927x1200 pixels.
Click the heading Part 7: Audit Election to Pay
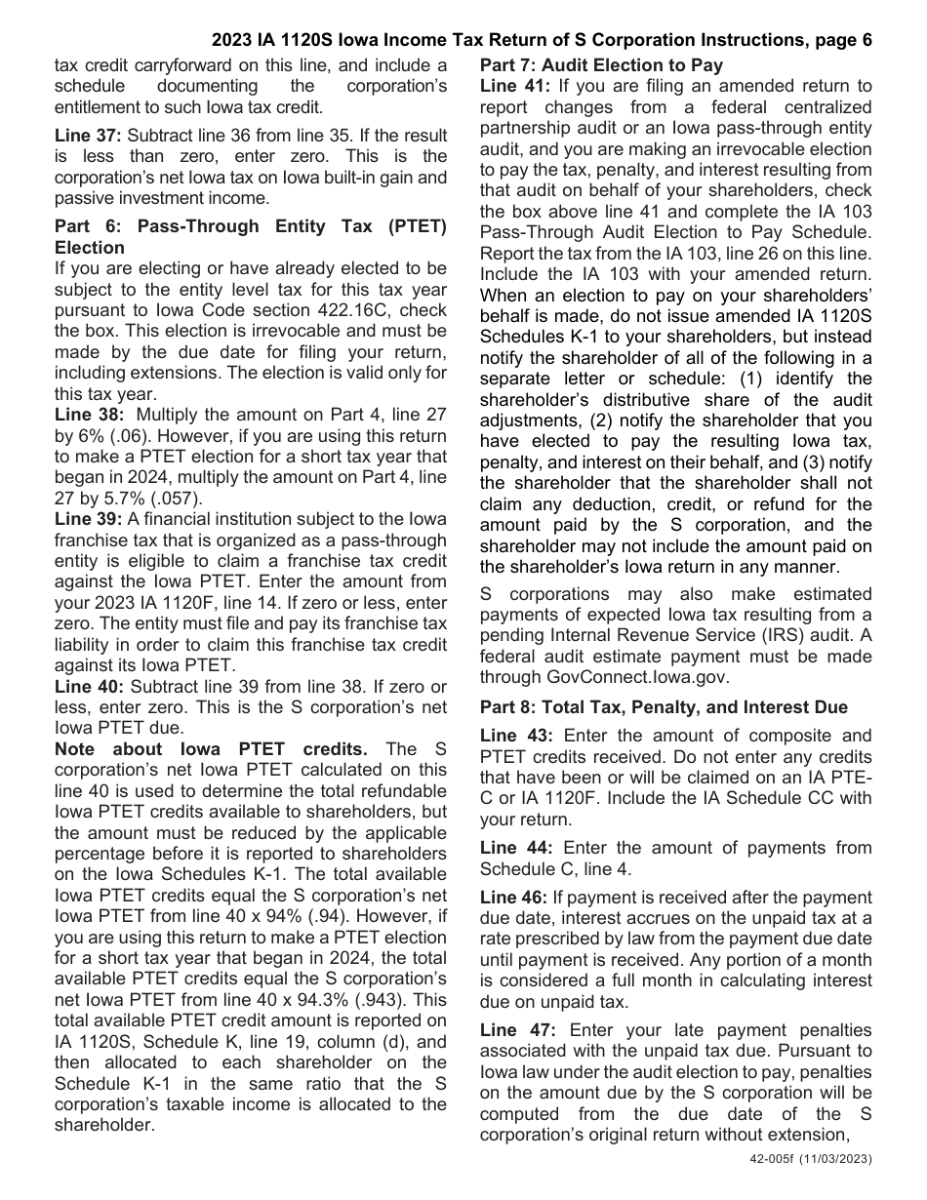[601, 65]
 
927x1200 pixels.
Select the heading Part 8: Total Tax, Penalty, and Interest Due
[664, 706]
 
